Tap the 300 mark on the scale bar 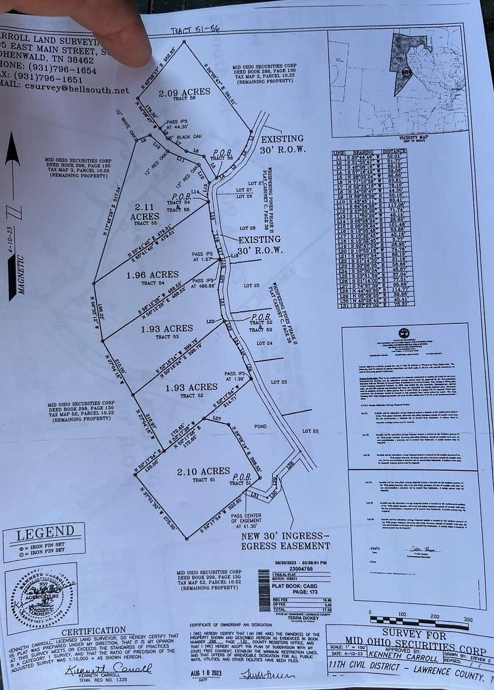click(468, 620)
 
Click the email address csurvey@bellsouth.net click(77, 90)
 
